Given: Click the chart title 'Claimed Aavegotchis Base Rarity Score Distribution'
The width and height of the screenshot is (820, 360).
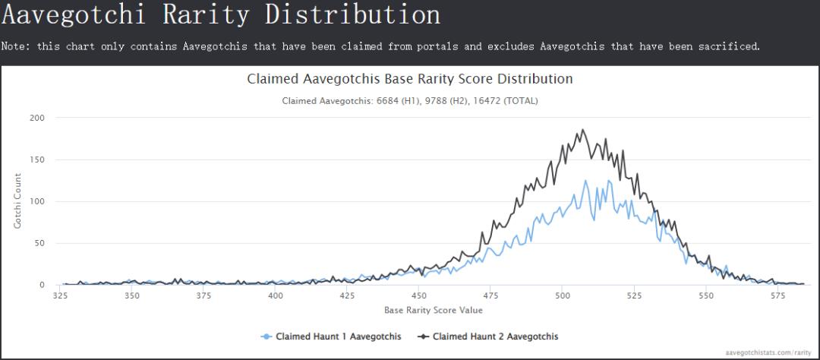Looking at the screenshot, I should (x=410, y=79).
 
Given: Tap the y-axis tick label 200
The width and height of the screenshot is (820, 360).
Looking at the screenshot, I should (x=37, y=118).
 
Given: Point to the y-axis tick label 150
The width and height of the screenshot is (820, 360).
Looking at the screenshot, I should (x=37, y=159).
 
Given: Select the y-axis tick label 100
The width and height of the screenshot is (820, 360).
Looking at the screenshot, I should (x=37, y=201).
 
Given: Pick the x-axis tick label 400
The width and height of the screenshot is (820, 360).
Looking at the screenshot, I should (x=276, y=296).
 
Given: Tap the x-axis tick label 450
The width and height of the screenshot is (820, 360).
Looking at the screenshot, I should (x=418, y=296).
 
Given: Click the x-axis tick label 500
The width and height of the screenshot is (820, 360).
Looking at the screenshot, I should (x=561, y=296).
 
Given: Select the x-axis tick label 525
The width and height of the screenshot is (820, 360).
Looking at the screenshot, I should (x=633, y=296).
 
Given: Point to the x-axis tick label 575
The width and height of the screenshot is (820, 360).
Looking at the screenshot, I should (x=776, y=296).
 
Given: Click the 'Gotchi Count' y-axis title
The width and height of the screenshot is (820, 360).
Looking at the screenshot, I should (x=17, y=201).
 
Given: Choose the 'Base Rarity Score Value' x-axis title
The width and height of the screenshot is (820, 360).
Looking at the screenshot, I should (x=433, y=310).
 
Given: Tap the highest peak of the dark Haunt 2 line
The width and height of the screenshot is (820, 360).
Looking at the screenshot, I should (x=582, y=130).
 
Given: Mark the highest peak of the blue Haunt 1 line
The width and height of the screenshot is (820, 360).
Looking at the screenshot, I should (x=585, y=180).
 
